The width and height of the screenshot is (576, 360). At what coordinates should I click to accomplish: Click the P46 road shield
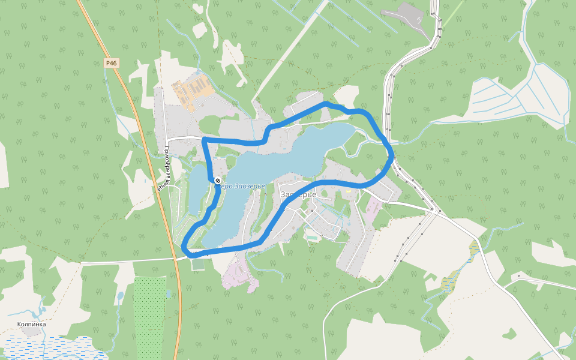(x=112, y=62)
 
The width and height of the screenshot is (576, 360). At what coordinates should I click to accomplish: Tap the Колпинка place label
(x=31, y=324)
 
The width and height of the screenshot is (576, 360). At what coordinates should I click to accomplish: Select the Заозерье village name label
(x=298, y=194)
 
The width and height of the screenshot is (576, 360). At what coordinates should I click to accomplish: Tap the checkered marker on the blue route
(x=217, y=181)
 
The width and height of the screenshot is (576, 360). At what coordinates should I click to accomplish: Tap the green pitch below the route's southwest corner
(x=198, y=264)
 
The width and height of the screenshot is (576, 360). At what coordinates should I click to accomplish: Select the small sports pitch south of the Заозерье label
(x=311, y=237)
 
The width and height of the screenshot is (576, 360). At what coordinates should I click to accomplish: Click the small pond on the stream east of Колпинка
(x=120, y=296)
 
